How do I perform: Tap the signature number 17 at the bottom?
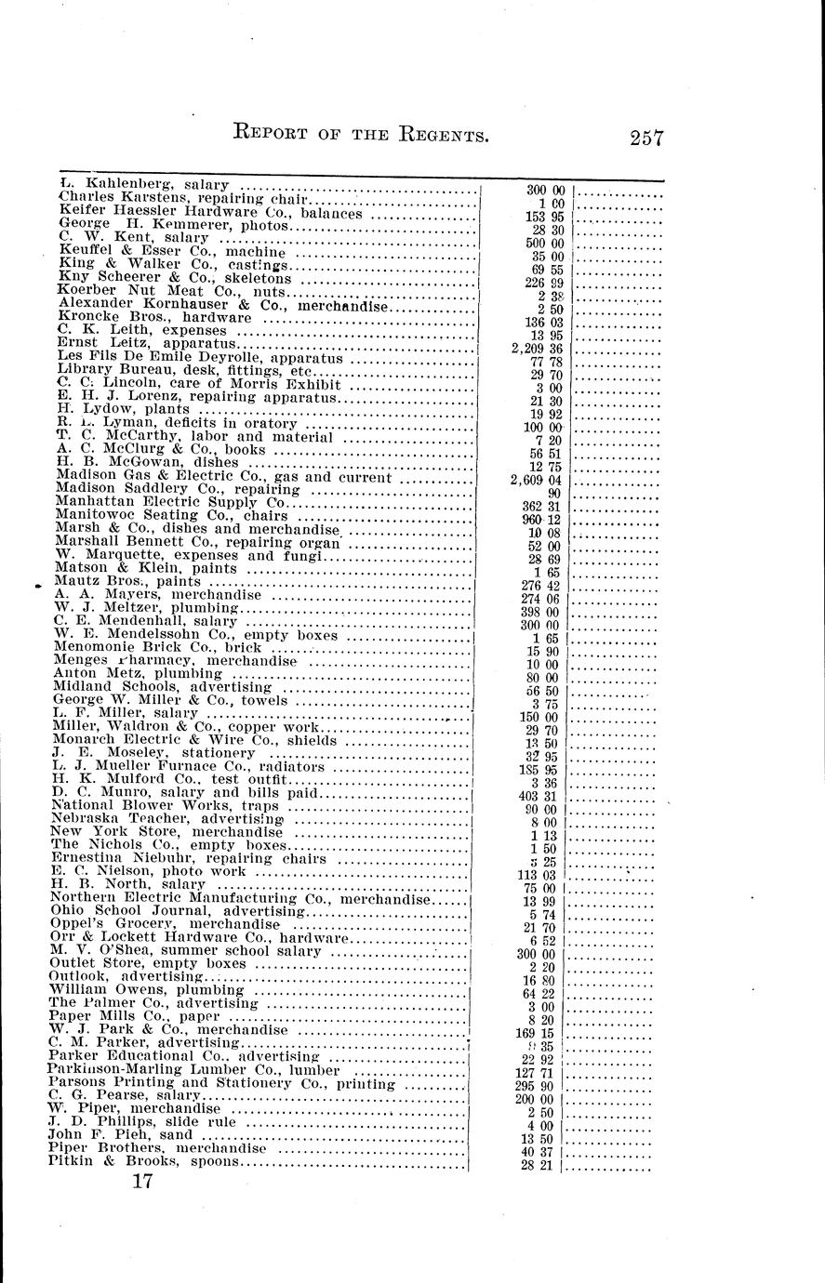141,1182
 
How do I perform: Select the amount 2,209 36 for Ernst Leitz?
538,349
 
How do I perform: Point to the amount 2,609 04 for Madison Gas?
538,480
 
